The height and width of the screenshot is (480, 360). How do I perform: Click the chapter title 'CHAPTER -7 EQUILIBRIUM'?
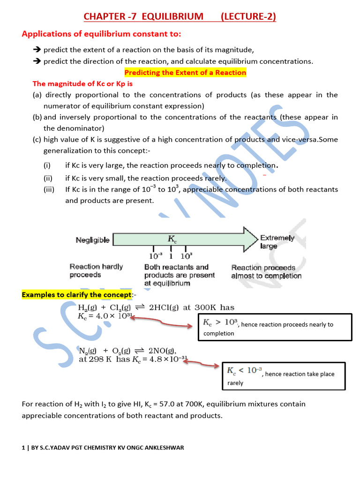(143, 17)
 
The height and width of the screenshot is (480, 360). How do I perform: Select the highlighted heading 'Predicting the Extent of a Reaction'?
(185, 73)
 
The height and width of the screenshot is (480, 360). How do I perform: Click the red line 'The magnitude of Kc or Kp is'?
(82, 84)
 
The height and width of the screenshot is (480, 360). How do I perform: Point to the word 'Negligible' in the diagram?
(93, 240)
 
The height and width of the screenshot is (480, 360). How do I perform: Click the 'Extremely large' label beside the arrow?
(277, 242)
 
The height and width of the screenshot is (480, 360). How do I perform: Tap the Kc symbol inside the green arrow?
(172, 239)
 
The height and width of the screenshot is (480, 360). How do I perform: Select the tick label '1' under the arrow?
(171, 256)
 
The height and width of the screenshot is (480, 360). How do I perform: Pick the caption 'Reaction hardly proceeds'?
(96, 270)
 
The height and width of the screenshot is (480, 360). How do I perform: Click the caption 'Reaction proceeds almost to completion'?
(266, 272)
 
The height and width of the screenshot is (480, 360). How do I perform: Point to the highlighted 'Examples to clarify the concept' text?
(77, 294)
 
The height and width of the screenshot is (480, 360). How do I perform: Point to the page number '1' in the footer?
(23, 448)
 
